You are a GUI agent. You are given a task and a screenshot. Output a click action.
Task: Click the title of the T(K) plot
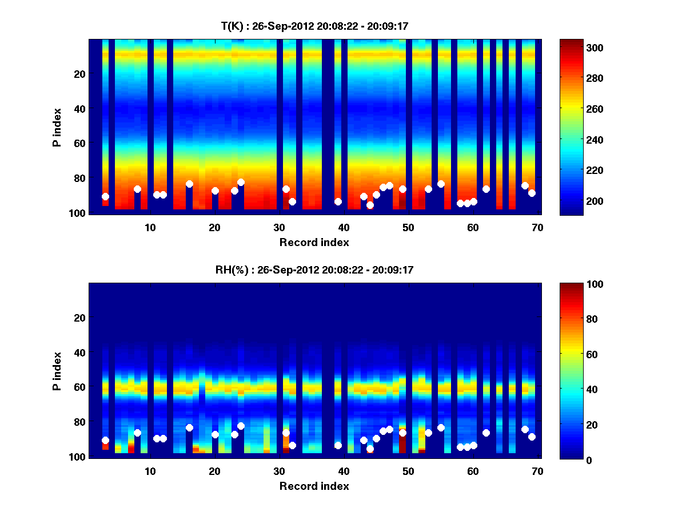[314, 26]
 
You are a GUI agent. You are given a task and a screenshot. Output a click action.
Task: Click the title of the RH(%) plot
[314, 270]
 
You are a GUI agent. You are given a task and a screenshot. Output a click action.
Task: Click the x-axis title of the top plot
[314, 243]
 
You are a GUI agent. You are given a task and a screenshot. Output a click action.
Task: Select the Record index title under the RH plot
[314, 486]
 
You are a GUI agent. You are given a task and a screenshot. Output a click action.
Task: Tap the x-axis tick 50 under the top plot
[408, 227]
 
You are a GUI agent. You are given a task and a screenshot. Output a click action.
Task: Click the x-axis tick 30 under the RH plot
[279, 471]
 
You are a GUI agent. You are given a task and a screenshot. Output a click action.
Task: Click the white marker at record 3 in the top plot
[105, 196]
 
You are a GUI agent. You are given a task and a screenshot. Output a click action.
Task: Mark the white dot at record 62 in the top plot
[486, 189]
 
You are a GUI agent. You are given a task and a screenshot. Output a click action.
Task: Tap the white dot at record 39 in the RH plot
[338, 445]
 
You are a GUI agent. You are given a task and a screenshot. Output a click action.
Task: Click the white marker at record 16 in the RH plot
[189, 427]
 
